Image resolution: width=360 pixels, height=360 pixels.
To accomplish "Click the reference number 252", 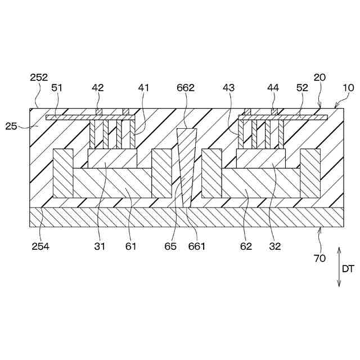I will point(39,78).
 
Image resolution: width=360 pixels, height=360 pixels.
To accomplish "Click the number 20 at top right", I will point(319,78).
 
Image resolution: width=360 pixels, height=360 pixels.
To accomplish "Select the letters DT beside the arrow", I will point(349,269).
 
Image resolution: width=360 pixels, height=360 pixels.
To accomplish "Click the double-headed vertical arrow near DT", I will point(339,267).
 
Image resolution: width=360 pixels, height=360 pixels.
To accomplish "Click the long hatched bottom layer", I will point(186,217).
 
